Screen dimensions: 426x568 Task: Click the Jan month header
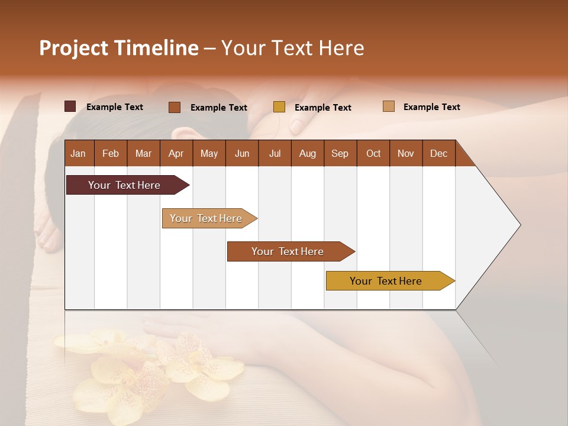pyautogui.click(x=79, y=153)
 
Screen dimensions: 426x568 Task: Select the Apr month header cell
pyautogui.click(x=176, y=153)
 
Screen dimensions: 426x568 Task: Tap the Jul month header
pyautogui.click(x=275, y=153)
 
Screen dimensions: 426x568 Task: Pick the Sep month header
pyautogui.click(x=340, y=153)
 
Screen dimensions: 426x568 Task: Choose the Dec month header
pyautogui.click(x=438, y=153)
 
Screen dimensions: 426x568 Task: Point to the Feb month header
pyautogui.click(x=111, y=153)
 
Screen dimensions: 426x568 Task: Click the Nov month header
pyautogui.click(x=405, y=153)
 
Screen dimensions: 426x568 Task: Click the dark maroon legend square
pyautogui.click(x=70, y=106)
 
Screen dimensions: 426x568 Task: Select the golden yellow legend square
pyautogui.click(x=279, y=107)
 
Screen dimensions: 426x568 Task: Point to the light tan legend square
pyautogui.click(x=389, y=106)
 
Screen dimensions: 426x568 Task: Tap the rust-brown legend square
pyautogui.click(x=175, y=107)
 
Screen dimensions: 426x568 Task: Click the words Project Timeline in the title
pyautogui.click(x=118, y=48)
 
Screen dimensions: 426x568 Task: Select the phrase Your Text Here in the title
pyautogui.click(x=292, y=48)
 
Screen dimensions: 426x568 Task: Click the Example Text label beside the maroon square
pyautogui.click(x=115, y=107)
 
